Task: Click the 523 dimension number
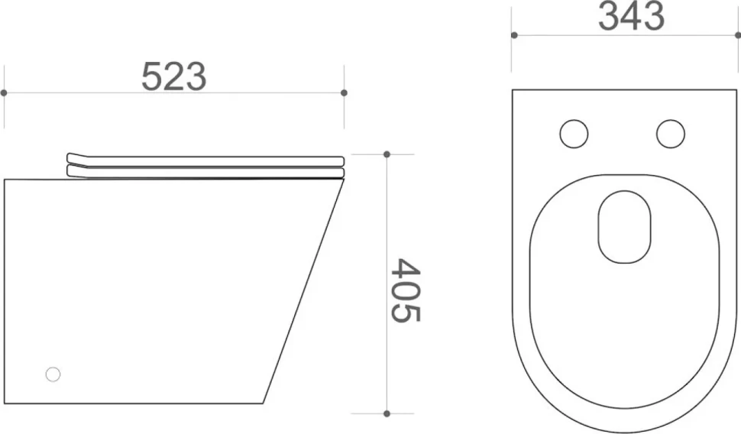[174, 76]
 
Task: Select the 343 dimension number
[631, 16]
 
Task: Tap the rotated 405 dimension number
[406, 290]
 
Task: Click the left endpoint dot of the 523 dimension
[4, 92]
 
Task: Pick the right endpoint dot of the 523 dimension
[344, 92]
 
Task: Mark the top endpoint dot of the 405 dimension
[387, 154]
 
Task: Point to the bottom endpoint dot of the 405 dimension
[387, 413]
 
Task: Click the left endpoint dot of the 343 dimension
[514, 35]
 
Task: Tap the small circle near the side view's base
[53, 374]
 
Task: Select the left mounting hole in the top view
[574, 134]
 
